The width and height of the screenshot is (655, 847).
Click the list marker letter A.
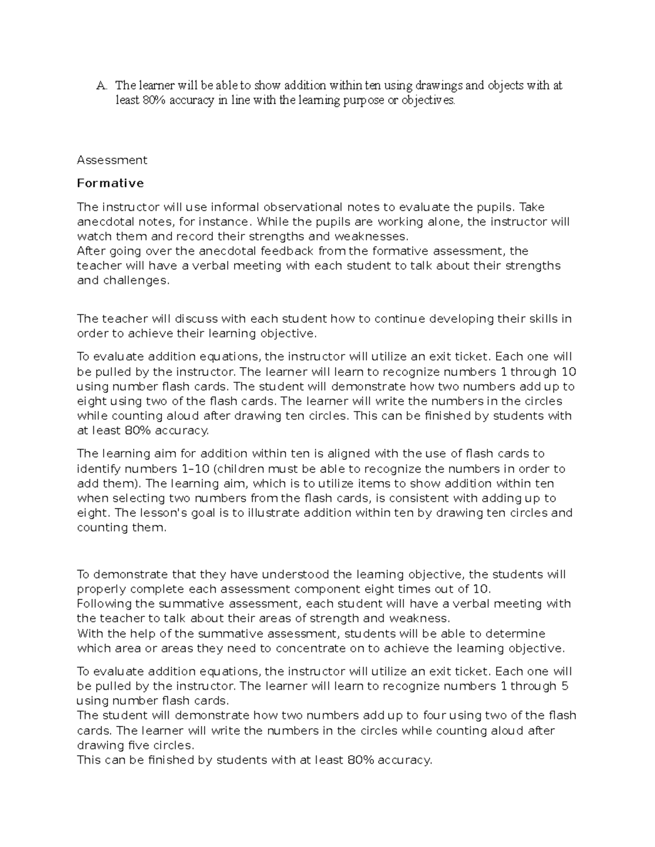pos(100,86)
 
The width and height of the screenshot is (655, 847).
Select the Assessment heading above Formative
pos(112,160)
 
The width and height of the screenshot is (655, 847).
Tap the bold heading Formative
pos(110,183)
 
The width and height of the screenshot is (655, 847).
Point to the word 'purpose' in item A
pos(356,101)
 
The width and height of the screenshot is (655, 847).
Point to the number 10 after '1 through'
pos(568,372)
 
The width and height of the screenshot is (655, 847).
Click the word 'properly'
pos(102,590)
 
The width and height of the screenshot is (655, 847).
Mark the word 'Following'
pos(104,604)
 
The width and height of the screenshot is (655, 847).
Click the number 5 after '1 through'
pos(565,686)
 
